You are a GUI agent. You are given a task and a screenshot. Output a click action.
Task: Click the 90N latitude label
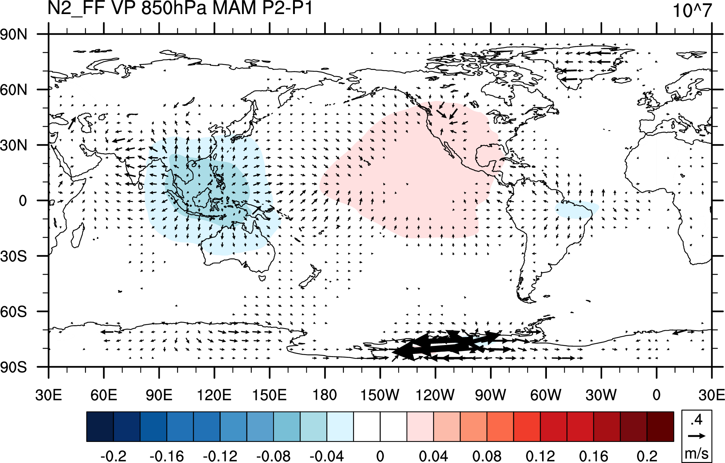coord(14,34)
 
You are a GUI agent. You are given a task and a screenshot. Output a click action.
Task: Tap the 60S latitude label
coord(14,312)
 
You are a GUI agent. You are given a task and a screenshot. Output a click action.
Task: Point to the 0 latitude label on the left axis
coord(23,201)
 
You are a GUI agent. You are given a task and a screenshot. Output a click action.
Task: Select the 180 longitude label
coord(325,395)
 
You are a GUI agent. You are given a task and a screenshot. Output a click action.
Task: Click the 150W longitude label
coord(380,395)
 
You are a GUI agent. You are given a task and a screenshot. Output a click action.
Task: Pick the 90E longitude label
coord(159,395)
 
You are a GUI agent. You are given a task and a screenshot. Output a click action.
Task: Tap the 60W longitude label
coord(546,395)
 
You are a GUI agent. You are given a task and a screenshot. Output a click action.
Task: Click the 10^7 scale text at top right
coord(692,11)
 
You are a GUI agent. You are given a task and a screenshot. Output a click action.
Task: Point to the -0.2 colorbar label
coord(113,456)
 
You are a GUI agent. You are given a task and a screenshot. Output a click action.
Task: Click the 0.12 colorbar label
coord(540,456)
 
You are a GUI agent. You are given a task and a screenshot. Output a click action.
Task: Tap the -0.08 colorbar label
coord(273,456)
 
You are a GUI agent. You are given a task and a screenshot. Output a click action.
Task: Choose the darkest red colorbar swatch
coord(660,426)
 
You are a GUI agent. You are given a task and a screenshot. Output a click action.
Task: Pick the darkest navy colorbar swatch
coord(100,426)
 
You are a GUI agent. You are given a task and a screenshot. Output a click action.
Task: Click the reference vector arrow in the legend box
coord(697,436)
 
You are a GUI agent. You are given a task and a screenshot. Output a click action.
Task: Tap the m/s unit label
coord(697,453)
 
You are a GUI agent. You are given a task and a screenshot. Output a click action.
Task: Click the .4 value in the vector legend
coord(697,420)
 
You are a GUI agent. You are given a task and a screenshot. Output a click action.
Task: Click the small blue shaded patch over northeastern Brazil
coord(576,209)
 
